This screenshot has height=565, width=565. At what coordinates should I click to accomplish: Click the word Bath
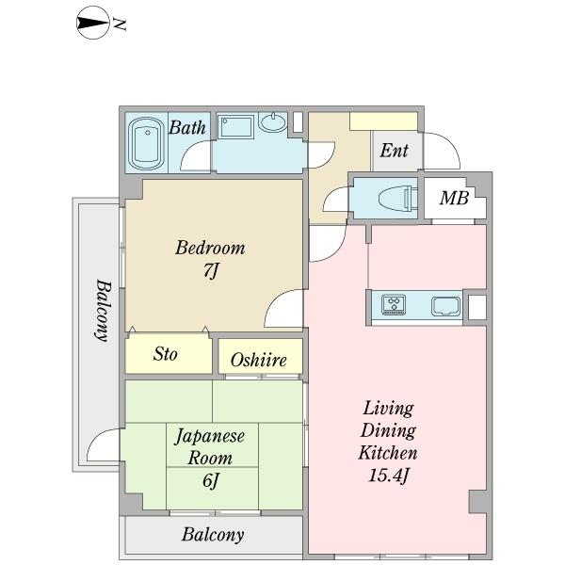(x=187, y=128)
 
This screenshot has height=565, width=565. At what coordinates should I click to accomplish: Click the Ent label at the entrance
(x=394, y=151)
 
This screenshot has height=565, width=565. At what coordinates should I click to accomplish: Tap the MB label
(x=454, y=199)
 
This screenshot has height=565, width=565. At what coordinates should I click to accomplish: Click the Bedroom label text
(x=211, y=249)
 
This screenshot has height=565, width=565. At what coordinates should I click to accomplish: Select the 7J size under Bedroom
(x=211, y=272)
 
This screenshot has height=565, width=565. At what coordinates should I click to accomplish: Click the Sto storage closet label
(x=167, y=355)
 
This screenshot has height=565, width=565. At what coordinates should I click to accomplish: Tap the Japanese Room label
(x=210, y=447)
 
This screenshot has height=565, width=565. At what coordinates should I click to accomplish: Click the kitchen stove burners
(x=394, y=305)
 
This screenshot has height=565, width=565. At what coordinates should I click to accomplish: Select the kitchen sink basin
(x=444, y=305)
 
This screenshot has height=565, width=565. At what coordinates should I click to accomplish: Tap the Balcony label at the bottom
(x=213, y=536)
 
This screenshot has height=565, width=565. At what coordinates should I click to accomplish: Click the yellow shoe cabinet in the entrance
(x=383, y=121)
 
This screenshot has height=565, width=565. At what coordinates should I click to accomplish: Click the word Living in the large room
(x=388, y=409)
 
